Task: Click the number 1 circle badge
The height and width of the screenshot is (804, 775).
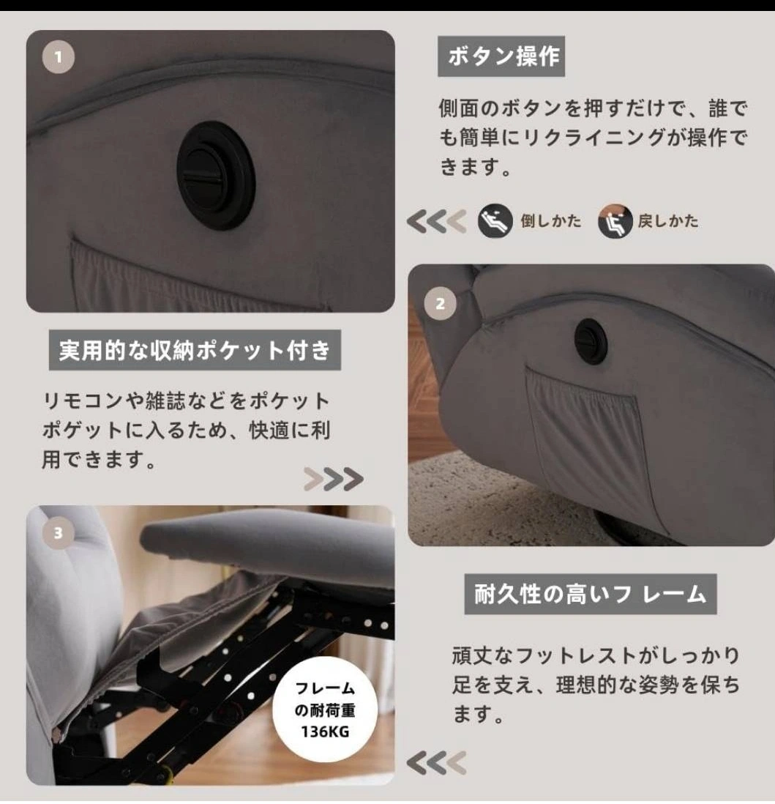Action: [58, 57]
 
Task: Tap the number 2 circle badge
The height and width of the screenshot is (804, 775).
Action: [441, 304]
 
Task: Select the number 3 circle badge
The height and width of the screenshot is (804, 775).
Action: [58, 533]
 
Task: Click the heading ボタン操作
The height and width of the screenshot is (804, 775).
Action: [501, 56]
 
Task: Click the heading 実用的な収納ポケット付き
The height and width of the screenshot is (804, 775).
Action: [195, 350]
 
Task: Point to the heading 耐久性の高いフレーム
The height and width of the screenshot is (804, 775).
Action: [591, 595]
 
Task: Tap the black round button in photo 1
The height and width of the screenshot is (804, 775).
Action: [216, 175]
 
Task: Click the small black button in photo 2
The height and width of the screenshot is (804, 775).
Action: [591, 340]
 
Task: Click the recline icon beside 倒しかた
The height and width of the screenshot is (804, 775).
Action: [495, 221]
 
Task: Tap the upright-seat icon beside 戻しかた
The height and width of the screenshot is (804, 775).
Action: [615, 221]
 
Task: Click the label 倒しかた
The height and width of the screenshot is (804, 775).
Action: [551, 221]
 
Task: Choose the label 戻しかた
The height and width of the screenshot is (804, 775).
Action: [668, 221]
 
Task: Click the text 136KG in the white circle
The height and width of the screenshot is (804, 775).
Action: [325, 732]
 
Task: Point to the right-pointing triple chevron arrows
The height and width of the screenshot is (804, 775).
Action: [334, 480]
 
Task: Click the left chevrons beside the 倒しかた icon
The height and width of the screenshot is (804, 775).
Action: [437, 222]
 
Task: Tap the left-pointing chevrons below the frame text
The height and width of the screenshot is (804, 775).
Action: [437, 762]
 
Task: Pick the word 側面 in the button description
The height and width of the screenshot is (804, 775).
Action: [460, 108]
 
